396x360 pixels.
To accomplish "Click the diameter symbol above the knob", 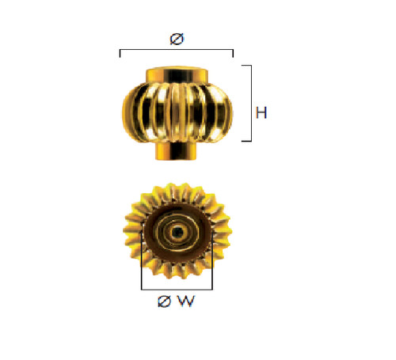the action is tap(177, 39).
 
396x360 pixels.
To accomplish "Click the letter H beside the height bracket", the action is tap(261, 112).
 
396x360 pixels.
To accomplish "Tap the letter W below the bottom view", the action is tap(186, 301).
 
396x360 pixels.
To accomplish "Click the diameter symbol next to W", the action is tap(164, 301).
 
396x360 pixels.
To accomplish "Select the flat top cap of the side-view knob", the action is tap(177, 75).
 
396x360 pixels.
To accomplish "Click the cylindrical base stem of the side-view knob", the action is tap(176, 150).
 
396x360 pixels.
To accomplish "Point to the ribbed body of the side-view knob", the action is tap(177, 113).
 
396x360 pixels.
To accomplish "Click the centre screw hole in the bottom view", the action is tap(177, 232).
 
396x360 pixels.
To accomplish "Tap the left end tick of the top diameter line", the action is tap(120, 53).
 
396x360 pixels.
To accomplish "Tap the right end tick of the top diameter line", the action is tap(233, 53).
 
